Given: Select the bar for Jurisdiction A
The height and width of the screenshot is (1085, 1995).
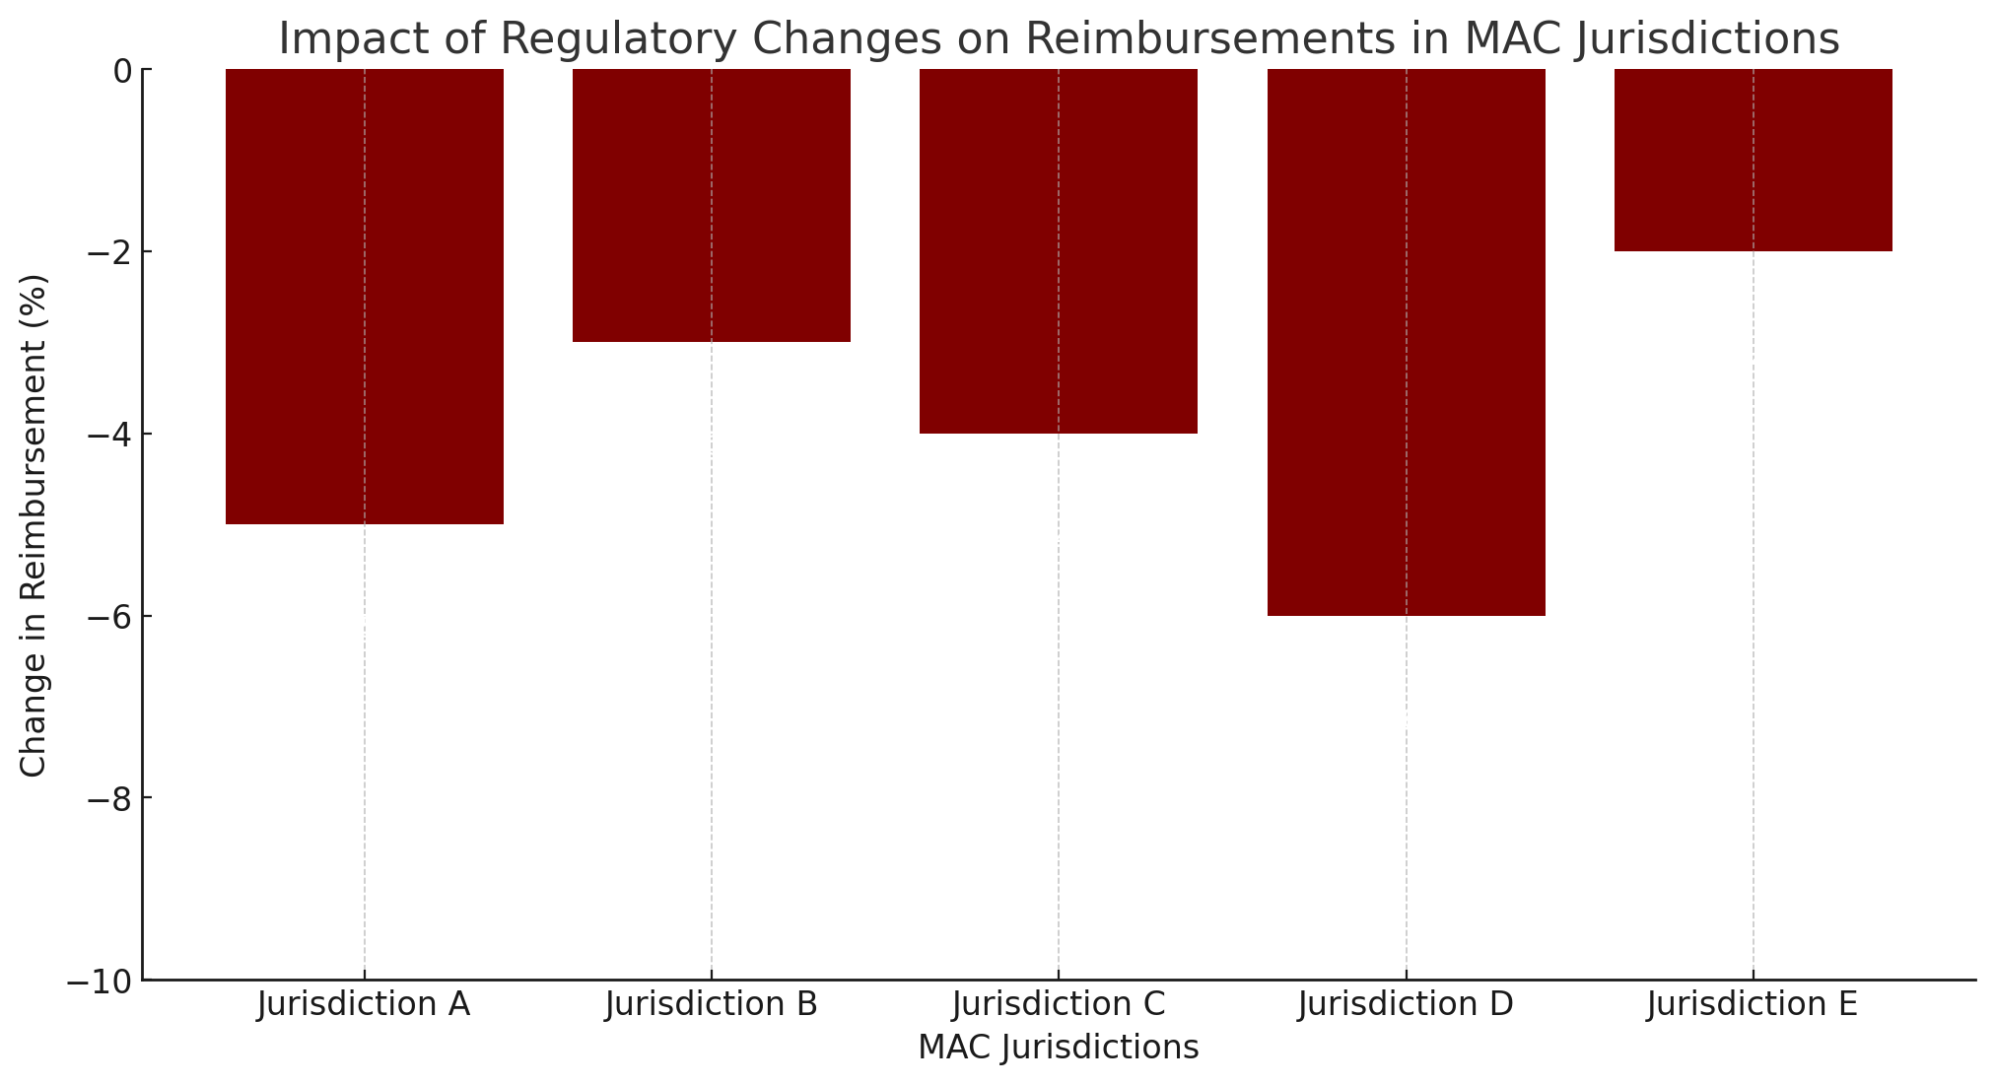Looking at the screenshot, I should [x=365, y=296].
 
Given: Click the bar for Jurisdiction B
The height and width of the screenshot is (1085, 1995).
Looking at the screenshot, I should [x=712, y=205].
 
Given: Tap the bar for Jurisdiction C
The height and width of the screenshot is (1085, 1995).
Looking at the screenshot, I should [x=1059, y=250].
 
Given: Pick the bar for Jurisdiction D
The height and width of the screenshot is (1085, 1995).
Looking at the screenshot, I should [x=1406, y=342].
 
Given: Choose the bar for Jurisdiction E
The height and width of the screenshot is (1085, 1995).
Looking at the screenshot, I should [x=1753, y=160].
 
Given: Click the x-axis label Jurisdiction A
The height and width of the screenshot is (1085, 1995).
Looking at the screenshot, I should [x=365, y=1005].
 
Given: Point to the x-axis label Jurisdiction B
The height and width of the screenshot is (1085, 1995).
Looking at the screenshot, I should [x=712, y=1005].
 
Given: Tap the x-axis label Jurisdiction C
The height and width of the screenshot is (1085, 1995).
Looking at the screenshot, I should [x=1059, y=1005].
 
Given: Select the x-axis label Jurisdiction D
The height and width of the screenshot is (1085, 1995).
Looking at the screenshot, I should [x=1406, y=1005].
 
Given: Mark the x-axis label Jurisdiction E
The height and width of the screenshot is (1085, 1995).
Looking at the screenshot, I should [x=1753, y=1005].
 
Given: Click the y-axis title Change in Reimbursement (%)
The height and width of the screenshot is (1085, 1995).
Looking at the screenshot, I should [x=34, y=524].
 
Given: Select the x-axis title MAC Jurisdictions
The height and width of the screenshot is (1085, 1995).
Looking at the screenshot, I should [x=1059, y=1048].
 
